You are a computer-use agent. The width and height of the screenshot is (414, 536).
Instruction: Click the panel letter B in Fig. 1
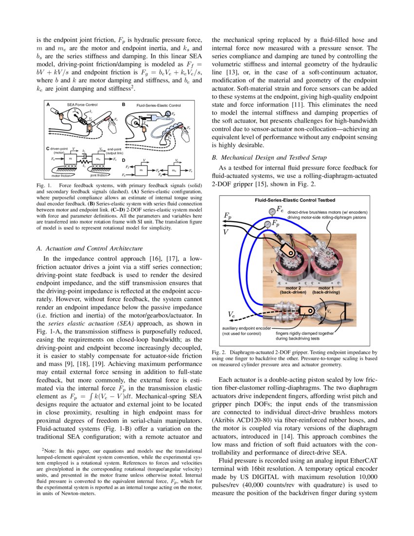pyautogui.click(x=124, y=105)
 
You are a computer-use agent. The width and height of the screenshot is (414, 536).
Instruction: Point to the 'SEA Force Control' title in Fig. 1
pyautogui.click(x=82, y=105)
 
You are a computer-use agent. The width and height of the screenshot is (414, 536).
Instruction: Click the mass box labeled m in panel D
pyautogui.click(x=141, y=170)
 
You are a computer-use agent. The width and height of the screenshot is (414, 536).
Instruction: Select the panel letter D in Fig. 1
pyautogui.click(x=124, y=160)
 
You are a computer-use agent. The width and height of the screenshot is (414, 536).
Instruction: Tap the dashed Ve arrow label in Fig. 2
pyautogui.click(x=232, y=315)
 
